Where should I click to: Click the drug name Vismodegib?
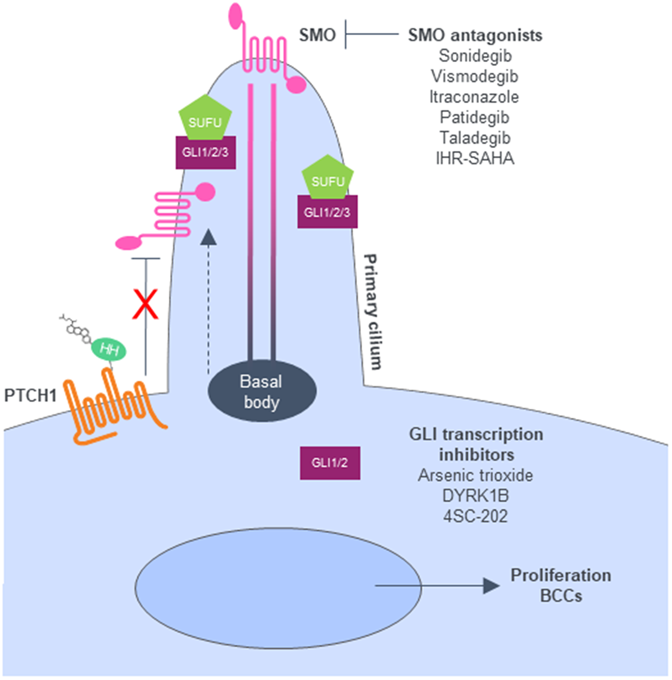coord(474,76)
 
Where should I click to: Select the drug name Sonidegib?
coord(475,56)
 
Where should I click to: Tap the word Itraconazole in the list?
coord(474,97)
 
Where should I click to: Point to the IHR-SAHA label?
coord(475,159)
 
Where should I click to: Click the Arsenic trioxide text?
coord(475,476)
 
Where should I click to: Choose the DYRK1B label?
coord(475,496)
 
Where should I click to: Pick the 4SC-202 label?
coord(475,516)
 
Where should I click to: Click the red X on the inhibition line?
coord(145,304)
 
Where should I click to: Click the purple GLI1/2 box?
coord(330,463)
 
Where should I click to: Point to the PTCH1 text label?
coord(30,396)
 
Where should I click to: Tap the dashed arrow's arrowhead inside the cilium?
coord(208,237)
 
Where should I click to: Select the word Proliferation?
coord(560,575)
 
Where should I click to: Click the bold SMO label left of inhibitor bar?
coord(317,35)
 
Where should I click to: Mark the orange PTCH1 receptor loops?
coord(113,405)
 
